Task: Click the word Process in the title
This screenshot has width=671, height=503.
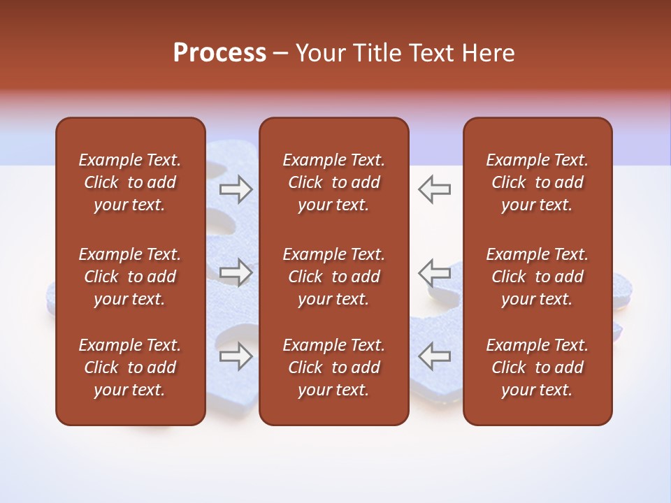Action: pyautogui.click(x=219, y=53)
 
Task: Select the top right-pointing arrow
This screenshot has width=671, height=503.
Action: pyautogui.click(x=236, y=189)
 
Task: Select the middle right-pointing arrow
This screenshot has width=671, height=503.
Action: pyautogui.click(x=236, y=272)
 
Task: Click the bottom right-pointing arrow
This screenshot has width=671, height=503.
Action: pyautogui.click(x=236, y=356)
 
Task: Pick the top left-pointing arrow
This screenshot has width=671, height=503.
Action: pyautogui.click(x=435, y=189)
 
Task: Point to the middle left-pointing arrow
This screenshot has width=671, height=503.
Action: pyautogui.click(x=435, y=272)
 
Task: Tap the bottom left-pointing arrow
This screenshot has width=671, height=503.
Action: pyautogui.click(x=435, y=356)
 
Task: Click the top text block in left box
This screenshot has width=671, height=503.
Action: pyautogui.click(x=130, y=182)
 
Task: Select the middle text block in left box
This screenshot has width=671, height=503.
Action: pyautogui.click(x=130, y=277)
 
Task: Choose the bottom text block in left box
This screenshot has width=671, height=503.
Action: pyautogui.click(x=130, y=367)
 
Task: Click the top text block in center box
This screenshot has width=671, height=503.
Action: pyautogui.click(x=333, y=182)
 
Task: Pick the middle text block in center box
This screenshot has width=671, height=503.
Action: pyautogui.click(x=333, y=277)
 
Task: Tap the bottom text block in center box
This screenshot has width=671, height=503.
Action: pyautogui.click(x=333, y=367)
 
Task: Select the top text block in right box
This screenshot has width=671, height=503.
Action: pyautogui.click(x=537, y=182)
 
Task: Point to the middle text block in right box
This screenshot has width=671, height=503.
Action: pyautogui.click(x=537, y=277)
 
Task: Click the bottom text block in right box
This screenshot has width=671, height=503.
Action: pyautogui.click(x=537, y=367)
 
